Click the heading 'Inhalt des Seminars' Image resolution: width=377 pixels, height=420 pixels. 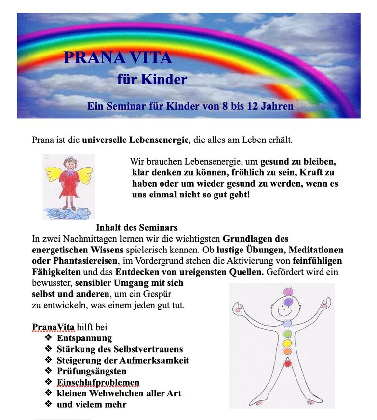pos(136,228)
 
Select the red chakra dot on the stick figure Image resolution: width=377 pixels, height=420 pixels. pos(289,364)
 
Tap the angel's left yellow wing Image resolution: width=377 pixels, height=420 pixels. pos(54,173)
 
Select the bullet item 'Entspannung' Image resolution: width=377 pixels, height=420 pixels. pos(84,338)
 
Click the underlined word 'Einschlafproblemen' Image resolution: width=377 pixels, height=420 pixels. pos(98,383)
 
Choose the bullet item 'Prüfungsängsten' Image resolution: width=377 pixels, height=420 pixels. pos(92,371)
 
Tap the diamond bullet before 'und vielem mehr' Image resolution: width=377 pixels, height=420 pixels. pos(48,404)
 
